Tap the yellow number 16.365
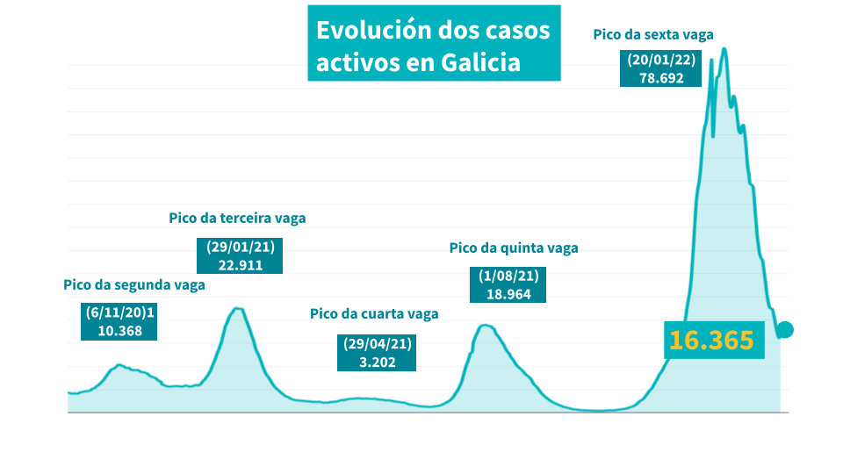pyautogui.click(x=711, y=341)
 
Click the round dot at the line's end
pyautogui.click(x=786, y=330)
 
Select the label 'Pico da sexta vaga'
pyautogui.click(x=653, y=35)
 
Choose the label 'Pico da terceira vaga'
pyautogui.click(x=237, y=218)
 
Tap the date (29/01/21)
pyautogui.click(x=241, y=247)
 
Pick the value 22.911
pyautogui.click(x=241, y=264)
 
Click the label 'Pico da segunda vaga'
pyautogui.click(x=134, y=285)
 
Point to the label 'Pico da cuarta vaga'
pyautogui.click(x=374, y=313)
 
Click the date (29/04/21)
pyautogui.click(x=375, y=343)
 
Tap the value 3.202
pyautogui.click(x=375, y=361)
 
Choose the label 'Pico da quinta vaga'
pyautogui.click(x=514, y=248)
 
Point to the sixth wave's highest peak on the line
pyautogui.click(x=724, y=48)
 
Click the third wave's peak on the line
pyautogui.click(x=237, y=308)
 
